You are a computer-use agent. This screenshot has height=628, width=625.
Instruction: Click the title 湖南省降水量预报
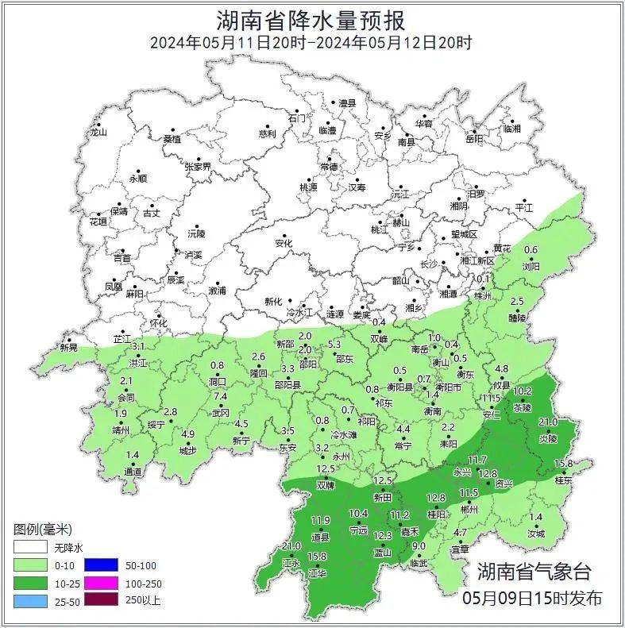coord(311,20)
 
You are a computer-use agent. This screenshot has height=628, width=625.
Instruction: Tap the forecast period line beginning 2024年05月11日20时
coord(311,43)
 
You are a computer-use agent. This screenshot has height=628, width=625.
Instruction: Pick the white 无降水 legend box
coord(28,548)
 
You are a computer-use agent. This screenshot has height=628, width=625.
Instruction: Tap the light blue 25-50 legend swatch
coord(28,599)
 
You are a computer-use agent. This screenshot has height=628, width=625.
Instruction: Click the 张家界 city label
coord(198,167)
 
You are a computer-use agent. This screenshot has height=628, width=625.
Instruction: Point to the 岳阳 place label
coord(474,139)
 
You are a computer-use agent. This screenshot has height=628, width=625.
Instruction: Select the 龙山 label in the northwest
coord(98,133)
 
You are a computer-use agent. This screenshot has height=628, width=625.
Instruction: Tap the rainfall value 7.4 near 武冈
coord(220,396)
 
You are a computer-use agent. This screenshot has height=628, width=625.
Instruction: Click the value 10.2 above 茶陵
coord(523,391)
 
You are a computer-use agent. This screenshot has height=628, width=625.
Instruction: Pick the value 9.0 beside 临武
coord(419,546)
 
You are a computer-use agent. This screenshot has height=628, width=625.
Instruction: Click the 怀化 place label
coord(159,323)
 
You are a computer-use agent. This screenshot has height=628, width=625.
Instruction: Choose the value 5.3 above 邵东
coord(334,344)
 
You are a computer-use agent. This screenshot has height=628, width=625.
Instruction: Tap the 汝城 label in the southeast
coord(536,534)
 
